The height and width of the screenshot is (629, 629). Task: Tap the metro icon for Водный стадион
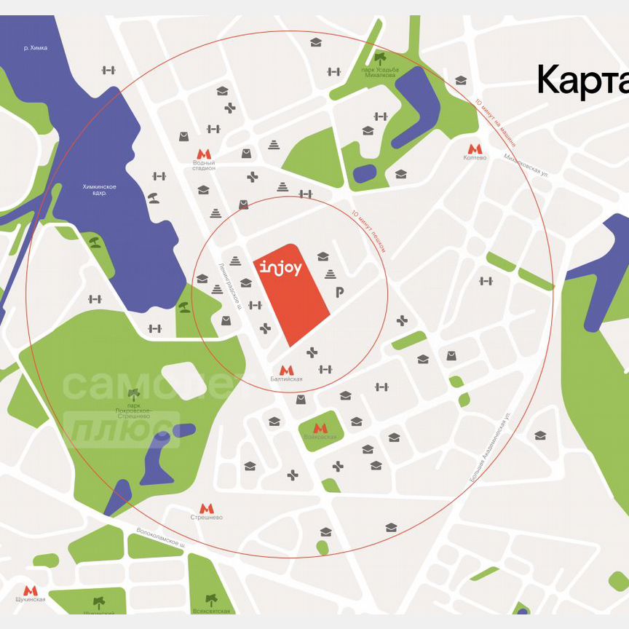[x=204, y=154]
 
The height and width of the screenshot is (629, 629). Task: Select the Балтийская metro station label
[x=287, y=379]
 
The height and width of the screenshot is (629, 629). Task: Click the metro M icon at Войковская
[x=320, y=428]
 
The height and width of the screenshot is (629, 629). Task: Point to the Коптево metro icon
[x=475, y=148]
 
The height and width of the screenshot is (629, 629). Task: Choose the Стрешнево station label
[x=207, y=517]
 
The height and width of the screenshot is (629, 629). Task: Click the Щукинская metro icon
[x=30, y=590]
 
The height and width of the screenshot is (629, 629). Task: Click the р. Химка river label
[x=35, y=48]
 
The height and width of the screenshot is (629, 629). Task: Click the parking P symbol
[x=339, y=292]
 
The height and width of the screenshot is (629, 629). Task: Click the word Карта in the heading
[x=582, y=81]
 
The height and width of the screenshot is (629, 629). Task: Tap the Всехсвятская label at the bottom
[x=212, y=610]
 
